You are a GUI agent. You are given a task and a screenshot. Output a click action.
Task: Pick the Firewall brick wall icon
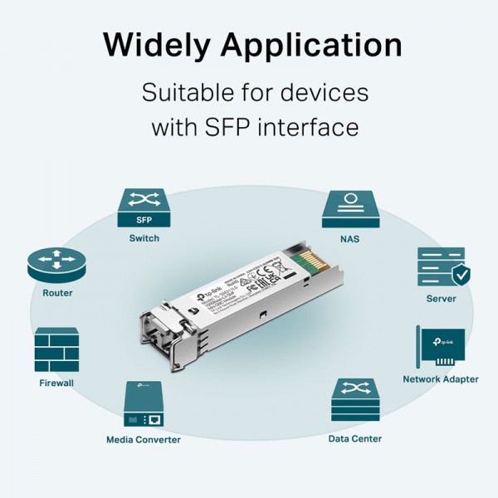[x=56, y=349]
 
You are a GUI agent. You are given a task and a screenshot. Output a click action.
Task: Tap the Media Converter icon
[x=144, y=404]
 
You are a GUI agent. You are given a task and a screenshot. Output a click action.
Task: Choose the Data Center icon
[x=354, y=402]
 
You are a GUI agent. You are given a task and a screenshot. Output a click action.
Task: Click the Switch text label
[x=144, y=238]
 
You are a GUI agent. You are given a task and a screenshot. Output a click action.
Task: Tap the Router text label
[x=57, y=293]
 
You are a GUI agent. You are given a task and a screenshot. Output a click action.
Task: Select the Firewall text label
[x=56, y=383]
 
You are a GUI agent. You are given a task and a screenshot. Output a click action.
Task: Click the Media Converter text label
[x=144, y=439]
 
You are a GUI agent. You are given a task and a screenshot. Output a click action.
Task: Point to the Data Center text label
[x=354, y=438]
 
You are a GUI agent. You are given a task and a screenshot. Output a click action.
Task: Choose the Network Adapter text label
[x=441, y=379]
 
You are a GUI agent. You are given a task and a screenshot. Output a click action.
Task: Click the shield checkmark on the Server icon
[x=460, y=276]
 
